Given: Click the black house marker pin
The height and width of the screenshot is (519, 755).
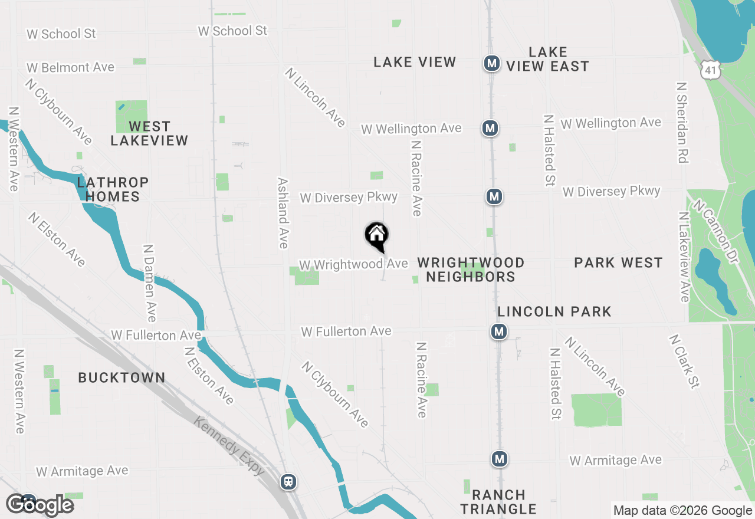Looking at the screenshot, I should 376,236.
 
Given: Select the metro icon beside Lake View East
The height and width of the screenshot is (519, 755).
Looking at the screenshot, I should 492,63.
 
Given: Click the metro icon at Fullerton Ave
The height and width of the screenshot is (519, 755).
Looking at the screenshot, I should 499,331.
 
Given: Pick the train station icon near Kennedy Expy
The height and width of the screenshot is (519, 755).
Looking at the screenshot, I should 288,482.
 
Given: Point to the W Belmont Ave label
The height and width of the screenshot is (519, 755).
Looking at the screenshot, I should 70,68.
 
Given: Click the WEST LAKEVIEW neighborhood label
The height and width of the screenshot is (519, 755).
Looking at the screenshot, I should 149,133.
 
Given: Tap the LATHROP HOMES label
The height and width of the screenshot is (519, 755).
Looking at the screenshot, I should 112,189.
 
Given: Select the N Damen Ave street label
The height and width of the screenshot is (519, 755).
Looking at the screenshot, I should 150,283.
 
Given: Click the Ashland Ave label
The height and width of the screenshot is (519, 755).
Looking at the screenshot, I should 283,213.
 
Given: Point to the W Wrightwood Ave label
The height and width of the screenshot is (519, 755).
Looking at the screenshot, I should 353,264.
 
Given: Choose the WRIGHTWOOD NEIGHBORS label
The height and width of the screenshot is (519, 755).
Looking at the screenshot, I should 471,270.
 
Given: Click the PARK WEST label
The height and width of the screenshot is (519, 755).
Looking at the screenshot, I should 618,262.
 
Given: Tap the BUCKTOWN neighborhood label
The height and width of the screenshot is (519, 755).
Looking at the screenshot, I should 122,377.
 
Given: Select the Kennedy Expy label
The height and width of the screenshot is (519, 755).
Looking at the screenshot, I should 229,446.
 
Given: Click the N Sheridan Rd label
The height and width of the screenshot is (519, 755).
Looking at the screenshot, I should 682,122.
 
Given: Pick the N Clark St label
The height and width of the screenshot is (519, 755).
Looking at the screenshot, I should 684,362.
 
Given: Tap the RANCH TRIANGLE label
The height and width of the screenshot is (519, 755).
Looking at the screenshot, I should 498,502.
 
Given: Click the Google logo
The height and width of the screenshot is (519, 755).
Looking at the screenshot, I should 40,505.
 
